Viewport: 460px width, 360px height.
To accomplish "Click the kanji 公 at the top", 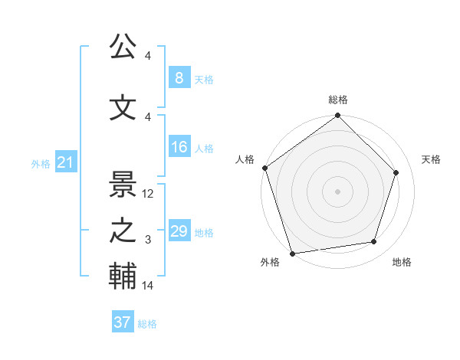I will coord(123,47).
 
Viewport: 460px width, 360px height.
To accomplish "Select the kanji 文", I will coord(123,108).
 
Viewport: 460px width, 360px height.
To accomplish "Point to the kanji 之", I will coord(123,231).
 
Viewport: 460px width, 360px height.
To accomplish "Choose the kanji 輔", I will coord(123,277).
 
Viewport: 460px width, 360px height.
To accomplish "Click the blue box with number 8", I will coord(179,78).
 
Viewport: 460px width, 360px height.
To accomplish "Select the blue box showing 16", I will coord(179,147).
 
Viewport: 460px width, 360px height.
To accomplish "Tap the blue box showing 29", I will coord(179,231).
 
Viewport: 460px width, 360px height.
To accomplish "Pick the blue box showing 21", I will coord(65,162).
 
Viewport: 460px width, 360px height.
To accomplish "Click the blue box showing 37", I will coord(122,322).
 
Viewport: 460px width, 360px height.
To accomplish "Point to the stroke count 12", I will coord(149,194).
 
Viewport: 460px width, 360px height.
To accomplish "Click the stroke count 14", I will coord(149,286).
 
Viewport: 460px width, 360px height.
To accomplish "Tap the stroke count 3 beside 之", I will coord(148,240).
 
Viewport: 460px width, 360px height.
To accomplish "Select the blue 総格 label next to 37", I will coord(147,324).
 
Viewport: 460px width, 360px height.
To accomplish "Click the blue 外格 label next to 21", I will coord(40,164).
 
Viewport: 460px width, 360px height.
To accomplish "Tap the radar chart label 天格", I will coord(431,159).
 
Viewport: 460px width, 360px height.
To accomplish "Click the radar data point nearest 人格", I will coord(264,168).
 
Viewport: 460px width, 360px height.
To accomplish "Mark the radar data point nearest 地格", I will coord(374,242).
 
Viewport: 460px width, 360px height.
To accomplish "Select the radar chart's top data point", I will coord(337,116).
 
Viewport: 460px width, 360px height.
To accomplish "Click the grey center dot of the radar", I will coord(337,191).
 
